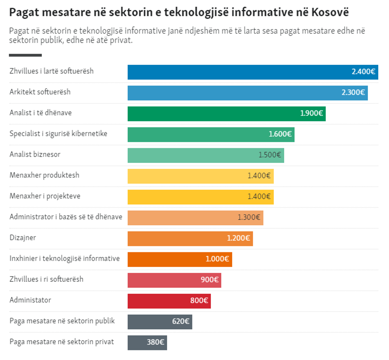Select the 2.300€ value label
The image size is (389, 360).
(353, 93)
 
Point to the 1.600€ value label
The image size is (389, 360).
(280, 134)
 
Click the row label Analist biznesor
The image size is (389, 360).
(35, 154)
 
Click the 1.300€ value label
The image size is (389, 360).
(248, 217)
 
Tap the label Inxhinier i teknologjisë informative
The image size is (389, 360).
(65, 259)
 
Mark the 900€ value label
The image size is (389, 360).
(210, 280)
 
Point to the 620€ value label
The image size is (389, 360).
(181, 321)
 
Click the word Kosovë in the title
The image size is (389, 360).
(330, 12)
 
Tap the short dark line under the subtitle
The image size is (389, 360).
(25, 55)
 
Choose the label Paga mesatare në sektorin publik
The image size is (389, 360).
(62, 321)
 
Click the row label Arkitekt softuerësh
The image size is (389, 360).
(40, 92)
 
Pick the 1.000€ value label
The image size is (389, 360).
(217, 259)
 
